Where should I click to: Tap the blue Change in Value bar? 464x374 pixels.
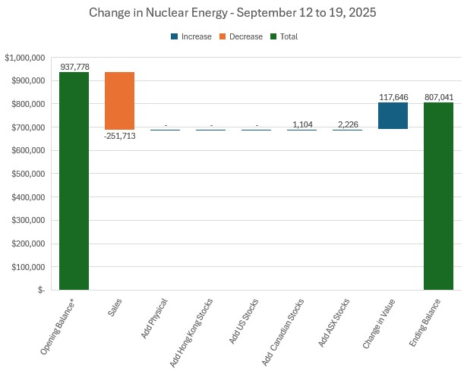tap(393, 115)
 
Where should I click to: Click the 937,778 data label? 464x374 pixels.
tap(74, 67)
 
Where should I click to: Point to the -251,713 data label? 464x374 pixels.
tap(119, 136)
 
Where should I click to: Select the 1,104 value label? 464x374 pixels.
tap(302, 124)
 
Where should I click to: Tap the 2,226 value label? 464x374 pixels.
tap(348, 124)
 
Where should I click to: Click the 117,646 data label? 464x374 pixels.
tap(393, 97)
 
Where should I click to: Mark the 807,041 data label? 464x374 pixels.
tap(439, 97)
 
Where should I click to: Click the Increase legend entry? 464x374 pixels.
tap(190, 36)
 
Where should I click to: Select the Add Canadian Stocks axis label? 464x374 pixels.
tap(280, 331)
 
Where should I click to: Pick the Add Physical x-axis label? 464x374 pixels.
tap(153, 320)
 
